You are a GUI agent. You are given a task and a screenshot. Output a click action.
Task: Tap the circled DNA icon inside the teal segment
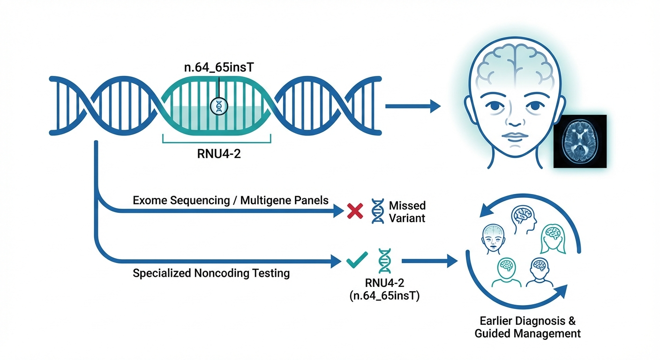point(218,106)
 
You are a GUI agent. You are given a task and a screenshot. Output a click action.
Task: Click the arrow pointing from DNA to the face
point(412,106)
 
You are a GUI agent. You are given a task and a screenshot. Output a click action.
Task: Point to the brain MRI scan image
point(580,141)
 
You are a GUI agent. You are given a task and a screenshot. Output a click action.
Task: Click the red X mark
point(355,212)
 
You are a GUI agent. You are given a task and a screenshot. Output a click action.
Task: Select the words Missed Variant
point(407,212)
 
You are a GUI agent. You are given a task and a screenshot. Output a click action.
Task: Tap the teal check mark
point(357,260)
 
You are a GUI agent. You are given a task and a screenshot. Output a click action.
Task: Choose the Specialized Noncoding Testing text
point(211,273)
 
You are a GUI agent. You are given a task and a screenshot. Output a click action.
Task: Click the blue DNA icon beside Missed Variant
point(377,211)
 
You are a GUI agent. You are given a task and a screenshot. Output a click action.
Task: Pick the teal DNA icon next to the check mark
point(384,261)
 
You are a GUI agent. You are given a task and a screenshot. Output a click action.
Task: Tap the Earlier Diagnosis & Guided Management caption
point(527,328)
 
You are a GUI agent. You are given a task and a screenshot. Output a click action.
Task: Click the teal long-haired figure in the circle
point(555,239)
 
